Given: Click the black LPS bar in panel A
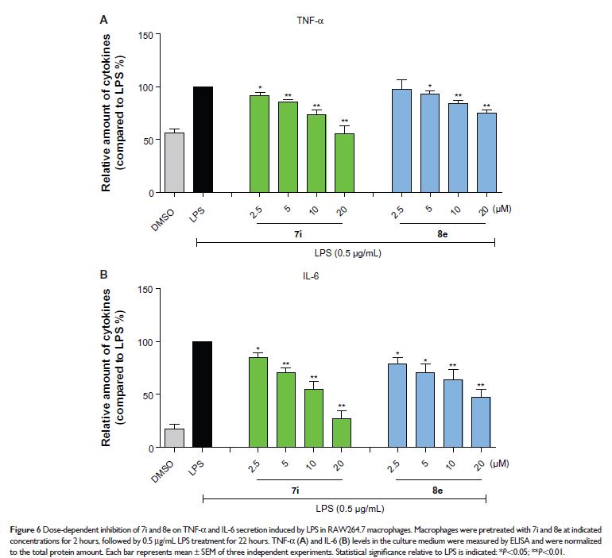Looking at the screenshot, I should pos(203,140).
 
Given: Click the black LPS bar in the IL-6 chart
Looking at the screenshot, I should pos(203,394).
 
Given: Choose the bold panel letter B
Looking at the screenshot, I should pos(104,275).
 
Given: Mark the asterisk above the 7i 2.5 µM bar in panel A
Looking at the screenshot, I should pos(259,88).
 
